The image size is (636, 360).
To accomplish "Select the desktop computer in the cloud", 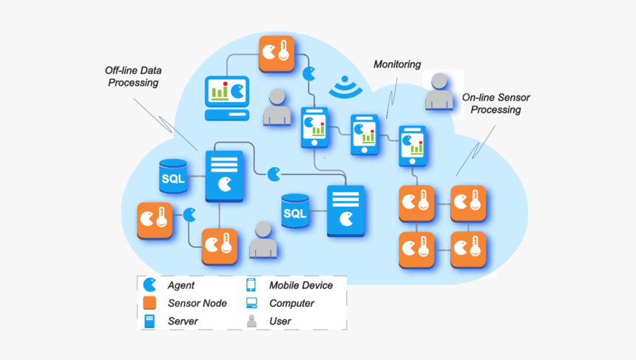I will (226, 98).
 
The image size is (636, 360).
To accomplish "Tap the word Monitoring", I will (397, 64).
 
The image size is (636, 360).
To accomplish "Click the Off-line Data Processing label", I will (133, 77).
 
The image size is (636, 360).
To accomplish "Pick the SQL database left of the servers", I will (174, 177).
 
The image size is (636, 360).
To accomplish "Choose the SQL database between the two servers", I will (295, 212).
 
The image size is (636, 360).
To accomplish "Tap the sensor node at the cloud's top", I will (277, 54).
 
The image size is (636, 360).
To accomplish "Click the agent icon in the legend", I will (150, 285).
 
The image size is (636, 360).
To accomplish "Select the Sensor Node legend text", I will (197, 303).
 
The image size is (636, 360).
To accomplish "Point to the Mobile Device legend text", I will (300, 285).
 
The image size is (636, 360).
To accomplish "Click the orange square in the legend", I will (150, 303).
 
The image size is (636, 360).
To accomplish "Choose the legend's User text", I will (280, 322).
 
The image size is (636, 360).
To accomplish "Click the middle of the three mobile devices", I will (365, 134).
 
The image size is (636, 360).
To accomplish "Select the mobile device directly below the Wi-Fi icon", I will (315, 127).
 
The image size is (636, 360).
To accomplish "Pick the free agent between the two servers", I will (274, 174).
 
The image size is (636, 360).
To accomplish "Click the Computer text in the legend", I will (291, 303).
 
